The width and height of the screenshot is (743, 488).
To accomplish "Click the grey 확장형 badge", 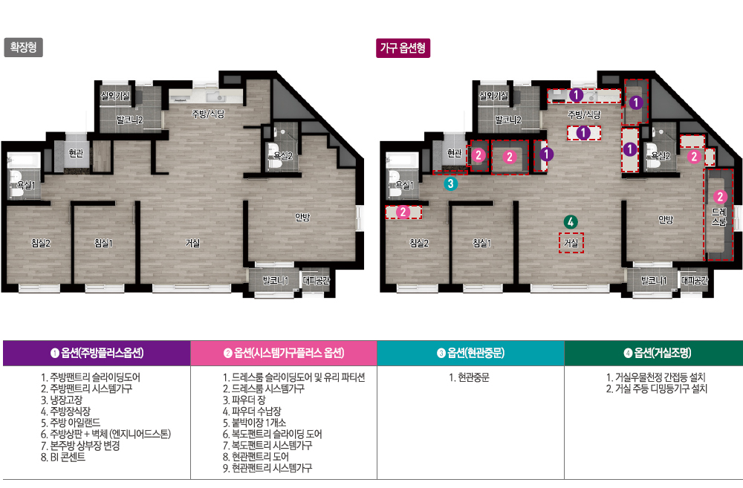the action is coord(23,48).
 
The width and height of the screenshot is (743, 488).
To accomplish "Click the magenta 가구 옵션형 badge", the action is coord(403,48).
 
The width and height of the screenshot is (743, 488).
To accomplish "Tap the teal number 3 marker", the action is coord(451,183).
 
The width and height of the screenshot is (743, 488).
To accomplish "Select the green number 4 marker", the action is coord(571,222).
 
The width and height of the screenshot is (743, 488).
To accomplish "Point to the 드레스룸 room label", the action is coord(718,217).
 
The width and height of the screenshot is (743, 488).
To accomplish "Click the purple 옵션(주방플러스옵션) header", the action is coord(97,353).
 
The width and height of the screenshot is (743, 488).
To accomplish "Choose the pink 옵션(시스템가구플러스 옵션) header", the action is coord(284,353).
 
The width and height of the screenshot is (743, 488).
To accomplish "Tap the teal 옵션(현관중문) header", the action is coord(470,353).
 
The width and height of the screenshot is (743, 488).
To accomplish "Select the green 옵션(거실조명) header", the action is coord(657,353).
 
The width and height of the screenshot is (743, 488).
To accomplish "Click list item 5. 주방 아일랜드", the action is coord(71,423).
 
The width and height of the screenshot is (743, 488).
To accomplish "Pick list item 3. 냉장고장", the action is coord(62,400).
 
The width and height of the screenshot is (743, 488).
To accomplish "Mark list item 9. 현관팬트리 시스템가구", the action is coord(267,468).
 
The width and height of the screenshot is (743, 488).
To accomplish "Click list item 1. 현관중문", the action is coord(469,377).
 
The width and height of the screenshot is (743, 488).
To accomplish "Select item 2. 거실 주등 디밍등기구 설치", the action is coord(656,389).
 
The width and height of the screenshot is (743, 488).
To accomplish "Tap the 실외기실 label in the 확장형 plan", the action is coord(115,96).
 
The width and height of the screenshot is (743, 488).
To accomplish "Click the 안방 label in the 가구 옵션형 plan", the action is coord(666,219).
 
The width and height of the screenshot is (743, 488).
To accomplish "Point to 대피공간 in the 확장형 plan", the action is coord(316,281).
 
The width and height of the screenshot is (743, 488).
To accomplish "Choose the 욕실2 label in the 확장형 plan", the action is coord(283,156).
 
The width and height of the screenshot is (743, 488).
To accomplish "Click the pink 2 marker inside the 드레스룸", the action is coord(720,197).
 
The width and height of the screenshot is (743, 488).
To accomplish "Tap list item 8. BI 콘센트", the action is coord(63,458).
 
